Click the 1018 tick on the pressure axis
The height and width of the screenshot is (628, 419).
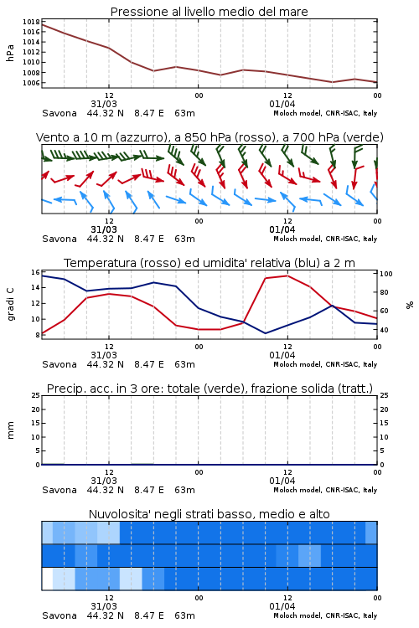coord(31,22)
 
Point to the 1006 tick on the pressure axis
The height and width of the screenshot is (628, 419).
coord(31,83)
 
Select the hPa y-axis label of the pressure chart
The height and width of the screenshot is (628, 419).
coord(10,53)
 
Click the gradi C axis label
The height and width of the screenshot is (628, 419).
coord(10,304)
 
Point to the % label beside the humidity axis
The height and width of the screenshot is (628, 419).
coord(410,305)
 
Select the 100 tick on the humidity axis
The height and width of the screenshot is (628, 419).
coord(386,274)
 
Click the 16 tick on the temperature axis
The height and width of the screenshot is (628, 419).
coord(35,272)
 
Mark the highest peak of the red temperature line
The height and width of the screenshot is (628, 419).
coord(287,275)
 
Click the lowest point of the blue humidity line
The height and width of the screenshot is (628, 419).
coord(265,333)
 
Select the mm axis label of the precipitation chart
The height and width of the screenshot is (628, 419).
coord(10,430)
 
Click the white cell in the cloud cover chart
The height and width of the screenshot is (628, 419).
coord(47,579)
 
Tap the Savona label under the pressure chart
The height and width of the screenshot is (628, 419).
coord(59,113)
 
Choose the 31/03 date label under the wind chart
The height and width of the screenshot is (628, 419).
coord(104,229)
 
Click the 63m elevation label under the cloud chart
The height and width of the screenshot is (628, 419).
coord(184,615)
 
